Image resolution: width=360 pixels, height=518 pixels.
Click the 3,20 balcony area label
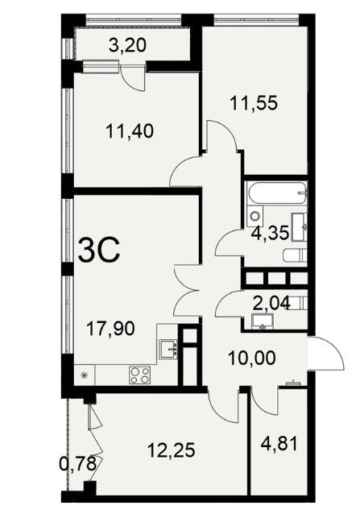click(127, 45)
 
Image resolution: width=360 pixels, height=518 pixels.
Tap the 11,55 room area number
click(254, 103)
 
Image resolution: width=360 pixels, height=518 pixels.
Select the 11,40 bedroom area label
click(130, 131)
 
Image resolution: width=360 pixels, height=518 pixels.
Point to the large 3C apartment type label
click(99, 251)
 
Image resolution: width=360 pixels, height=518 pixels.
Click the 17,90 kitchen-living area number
click(110, 329)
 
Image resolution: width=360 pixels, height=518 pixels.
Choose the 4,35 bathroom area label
click(270, 233)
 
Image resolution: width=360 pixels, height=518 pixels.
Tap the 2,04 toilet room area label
click(271, 303)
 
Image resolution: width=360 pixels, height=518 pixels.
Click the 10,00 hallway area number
click(252, 358)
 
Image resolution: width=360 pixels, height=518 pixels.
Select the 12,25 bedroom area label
click(172, 450)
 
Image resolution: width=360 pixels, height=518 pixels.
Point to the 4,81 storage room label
click(279, 443)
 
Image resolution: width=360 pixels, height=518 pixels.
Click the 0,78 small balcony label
click(78, 463)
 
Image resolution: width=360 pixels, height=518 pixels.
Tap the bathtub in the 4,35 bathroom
click(277, 193)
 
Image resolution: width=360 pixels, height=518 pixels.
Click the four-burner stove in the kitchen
click(139, 375)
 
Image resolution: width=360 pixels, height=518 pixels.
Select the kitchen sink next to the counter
click(168, 349)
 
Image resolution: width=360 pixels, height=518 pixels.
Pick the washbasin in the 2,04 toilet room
click(263, 321)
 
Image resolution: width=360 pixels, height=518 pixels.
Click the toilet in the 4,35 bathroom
click(296, 255)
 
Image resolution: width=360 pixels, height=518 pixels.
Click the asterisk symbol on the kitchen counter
click(85, 375)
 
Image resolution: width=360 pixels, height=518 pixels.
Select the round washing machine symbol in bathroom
click(255, 216)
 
